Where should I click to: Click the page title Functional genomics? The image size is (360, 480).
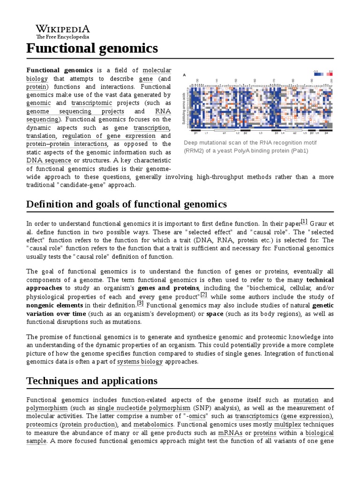tap(92, 48)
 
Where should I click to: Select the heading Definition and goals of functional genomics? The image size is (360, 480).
tap(127, 204)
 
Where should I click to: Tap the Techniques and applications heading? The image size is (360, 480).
tap(92, 381)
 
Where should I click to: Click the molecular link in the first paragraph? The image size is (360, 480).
tap(157, 70)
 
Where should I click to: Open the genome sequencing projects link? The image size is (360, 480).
tap(75, 112)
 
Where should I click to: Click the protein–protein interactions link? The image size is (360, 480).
tap(67, 144)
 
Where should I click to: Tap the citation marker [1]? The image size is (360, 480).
tap(304, 221)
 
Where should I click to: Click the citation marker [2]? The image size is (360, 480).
tap(203, 294)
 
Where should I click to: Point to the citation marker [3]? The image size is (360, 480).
tap(140, 303)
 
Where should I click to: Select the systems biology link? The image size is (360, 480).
tap(140, 362)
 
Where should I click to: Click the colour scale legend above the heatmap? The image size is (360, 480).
tap(324, 72)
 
